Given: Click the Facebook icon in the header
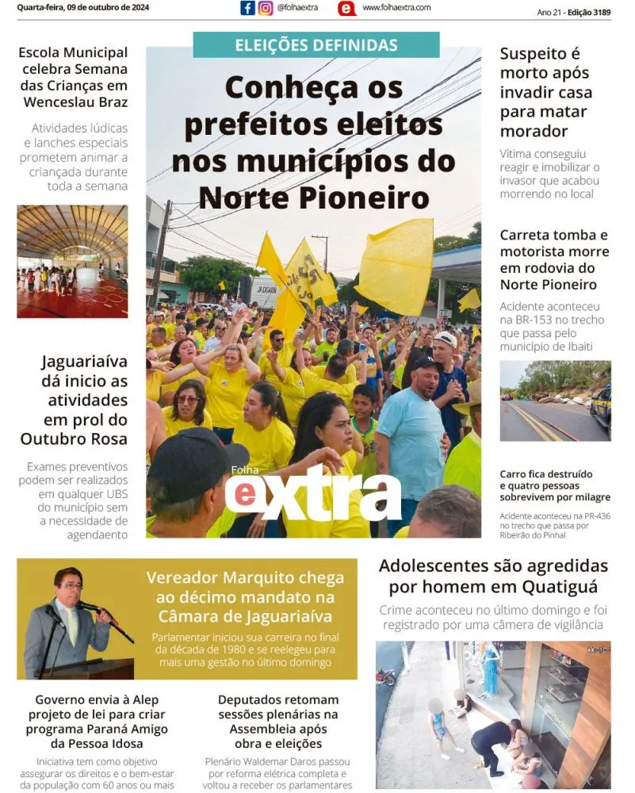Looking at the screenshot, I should pyautogui.click(x=247, y=8).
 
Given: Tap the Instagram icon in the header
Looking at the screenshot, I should pyautogui.click(x=266, y=8).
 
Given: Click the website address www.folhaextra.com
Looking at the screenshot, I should pyautogui.click(x=396, y=8).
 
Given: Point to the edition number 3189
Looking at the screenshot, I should pyautogui.click(x=600, y=13).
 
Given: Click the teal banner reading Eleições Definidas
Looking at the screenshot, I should pyautogui.click(x=316, y=45).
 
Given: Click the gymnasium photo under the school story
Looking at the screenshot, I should pyautogui.click(x=72, y=262).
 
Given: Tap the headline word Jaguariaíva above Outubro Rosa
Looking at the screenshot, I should pyautogui.click(x=84, y=362).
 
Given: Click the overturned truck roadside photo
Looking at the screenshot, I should pyautogui.click(x=555, y=400).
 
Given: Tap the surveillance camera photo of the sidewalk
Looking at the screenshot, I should pyautogui.click(x=493, y=714).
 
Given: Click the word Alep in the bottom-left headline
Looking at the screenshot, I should pyautogui.click(x=146, y=699).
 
